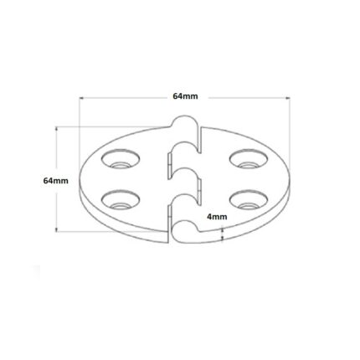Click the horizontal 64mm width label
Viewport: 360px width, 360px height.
(x=185, y=96)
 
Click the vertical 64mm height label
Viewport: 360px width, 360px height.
(x=56, y=181)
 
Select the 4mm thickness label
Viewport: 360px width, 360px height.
(x=217, y=217)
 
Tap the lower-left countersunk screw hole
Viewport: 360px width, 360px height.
(x=121, y=199)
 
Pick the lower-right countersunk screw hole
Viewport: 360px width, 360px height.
(x=249, y=199)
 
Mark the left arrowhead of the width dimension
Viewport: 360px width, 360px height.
(x=81, y=98)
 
